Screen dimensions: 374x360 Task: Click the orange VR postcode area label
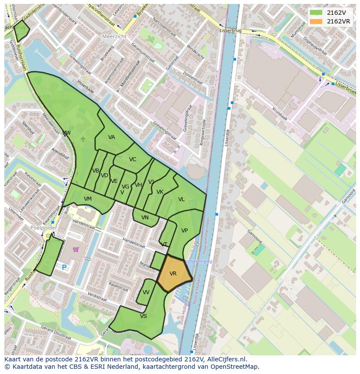173,274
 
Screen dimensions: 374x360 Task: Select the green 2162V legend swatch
316,13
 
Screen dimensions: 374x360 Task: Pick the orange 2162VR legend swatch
316,21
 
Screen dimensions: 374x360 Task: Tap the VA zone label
112,137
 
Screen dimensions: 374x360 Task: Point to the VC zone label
133,159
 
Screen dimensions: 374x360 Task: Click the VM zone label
88,199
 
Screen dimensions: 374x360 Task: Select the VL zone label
181,199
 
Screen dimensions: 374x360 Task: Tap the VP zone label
184,231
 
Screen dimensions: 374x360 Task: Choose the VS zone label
143,316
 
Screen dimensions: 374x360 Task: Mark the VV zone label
146,292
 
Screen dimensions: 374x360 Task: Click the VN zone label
145,218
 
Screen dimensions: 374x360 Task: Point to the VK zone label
160,192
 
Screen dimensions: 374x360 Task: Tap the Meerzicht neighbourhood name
114,36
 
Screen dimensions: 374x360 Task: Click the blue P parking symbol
64,268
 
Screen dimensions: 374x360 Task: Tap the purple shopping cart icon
76,249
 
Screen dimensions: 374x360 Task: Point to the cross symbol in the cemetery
83,139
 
